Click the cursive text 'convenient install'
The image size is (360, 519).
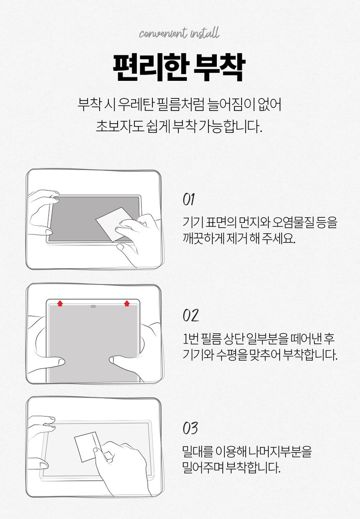pyautogui.click(x=179, y=33)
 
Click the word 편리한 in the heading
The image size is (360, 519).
pyautogui.click(x=149, y=67)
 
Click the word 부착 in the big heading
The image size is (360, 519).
pyautogui.click(x=219, y=67)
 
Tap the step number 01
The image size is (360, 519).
pyautogui.click(x=189, y=200)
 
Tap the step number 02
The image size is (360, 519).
pyautogui.click(x=190, y=315)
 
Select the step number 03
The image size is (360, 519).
pyautogui.click(x=190, y=429)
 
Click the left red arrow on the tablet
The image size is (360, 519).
pyautogui.click(x=60, y=303)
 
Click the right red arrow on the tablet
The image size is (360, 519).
pyautogui.click(x=127, y=303)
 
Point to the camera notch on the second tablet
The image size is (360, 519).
pyautogui.click(x=93, y=307)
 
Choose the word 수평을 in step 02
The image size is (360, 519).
pyautogui.click(x=231, y=355)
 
